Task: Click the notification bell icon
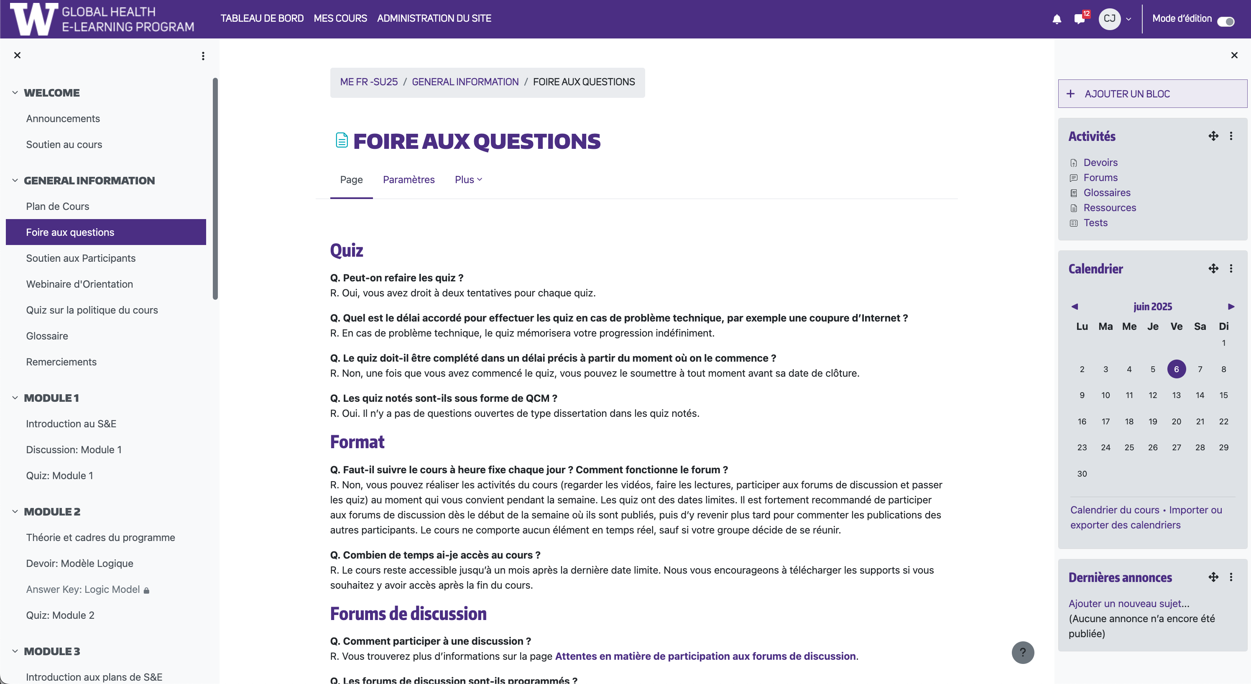coord(1057,19)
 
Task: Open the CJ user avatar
coord(1109,19)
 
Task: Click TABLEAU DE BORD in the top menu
coord(262,18)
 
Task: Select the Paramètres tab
coord(408,180)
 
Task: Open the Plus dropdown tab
coord(468,180)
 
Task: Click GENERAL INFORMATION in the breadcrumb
coord(465,82)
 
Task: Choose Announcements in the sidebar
coord(63,118)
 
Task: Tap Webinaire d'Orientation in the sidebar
coord(79,284)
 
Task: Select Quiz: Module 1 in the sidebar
coord(59,476)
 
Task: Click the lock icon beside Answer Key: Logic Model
coord(146,590)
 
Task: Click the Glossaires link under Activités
coord(1107,193)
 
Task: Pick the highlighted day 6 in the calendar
coord(1176,369)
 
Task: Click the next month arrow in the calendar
coord(1231,306)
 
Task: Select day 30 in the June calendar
coord(1082,474)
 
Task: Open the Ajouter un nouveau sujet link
coord(1128,603)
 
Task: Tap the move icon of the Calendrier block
coord(1213,268)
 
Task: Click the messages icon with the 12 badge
coord(1080,19)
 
